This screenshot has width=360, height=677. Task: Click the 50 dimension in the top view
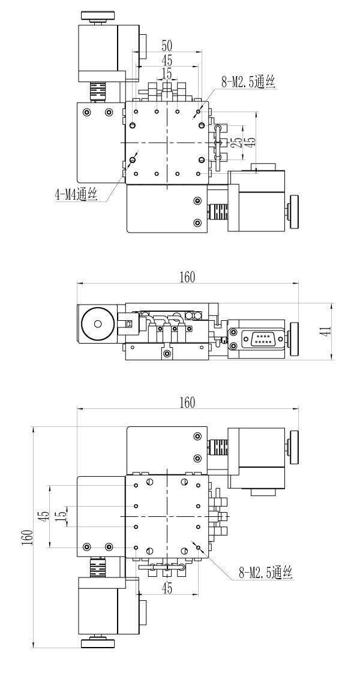tap(167, 46)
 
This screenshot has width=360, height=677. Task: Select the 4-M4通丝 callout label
tap(75, 194)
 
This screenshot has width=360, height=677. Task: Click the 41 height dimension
tap(341, 332)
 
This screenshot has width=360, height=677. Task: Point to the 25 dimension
tap(238, 143)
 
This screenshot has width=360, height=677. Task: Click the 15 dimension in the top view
tap(166, 73)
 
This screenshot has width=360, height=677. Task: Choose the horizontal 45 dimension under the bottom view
tap(167, 589)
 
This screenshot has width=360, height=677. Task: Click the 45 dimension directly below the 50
tap(167, 60)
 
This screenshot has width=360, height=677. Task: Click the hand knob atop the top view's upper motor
tap(97, 16)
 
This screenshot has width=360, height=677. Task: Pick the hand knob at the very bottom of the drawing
tap(97, 644)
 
